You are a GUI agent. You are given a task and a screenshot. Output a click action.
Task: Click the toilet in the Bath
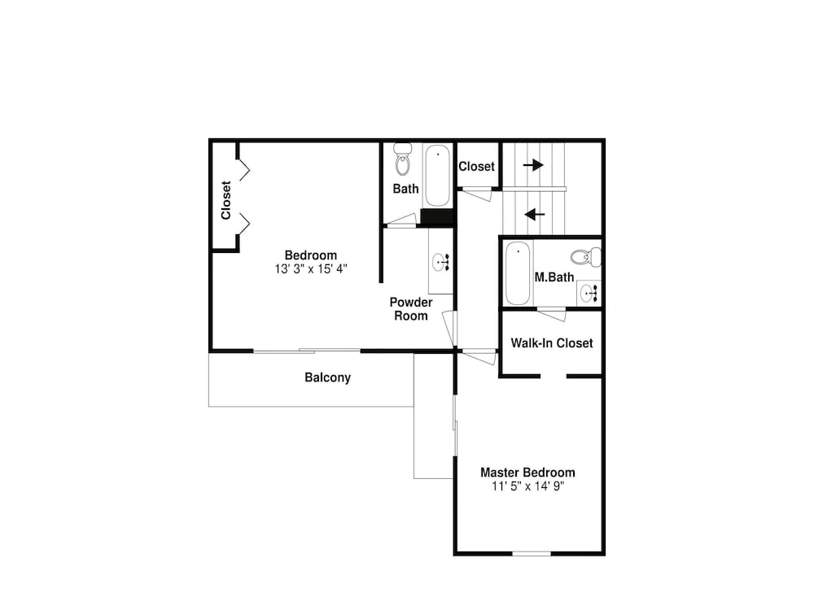(x=402, y=159)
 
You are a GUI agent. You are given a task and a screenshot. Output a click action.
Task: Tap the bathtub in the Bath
(x=438, y=176)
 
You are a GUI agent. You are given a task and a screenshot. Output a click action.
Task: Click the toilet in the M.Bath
(x=586, y=257)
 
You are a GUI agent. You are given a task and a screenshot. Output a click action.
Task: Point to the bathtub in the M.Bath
(x=518, y=273)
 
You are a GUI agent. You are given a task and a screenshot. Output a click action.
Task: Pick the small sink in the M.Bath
(x=589, y=294)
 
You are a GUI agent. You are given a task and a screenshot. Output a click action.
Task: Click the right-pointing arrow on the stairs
(x=533, y=165)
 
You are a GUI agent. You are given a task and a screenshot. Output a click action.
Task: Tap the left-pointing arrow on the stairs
(x=534, y=214)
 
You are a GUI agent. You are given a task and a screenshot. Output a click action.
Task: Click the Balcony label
(x=327, y=377)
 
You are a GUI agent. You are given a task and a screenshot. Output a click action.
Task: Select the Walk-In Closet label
(x=552, y=343)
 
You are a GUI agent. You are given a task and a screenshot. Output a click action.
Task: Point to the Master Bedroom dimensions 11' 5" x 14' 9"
(x=528, y=486)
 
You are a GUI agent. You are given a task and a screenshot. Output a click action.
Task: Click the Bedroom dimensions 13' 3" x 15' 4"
(x=311, y=269)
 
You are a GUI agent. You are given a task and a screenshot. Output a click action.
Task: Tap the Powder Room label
(x=411, y=309)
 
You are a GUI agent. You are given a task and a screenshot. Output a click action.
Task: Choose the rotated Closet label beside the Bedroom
(x=225, y=200)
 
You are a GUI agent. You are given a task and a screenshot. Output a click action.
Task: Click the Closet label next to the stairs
(x=476, y=167)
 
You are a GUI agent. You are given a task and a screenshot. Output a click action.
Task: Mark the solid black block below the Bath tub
(x=437, y=217)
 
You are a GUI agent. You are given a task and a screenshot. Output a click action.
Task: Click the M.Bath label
(x=554, y=277)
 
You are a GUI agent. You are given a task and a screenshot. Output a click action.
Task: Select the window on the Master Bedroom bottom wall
(x=532, y=553)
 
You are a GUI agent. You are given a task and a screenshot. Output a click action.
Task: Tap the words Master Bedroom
(x=528, y=473)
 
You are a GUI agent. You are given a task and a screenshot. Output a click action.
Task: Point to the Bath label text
(x=406, y=189)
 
